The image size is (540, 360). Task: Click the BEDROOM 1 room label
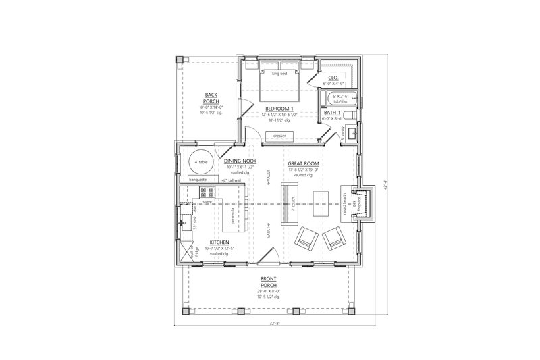click(279, 108)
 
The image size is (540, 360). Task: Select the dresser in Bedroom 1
click(279, 136)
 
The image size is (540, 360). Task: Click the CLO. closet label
click(332, 78)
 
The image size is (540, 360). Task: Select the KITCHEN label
click(219, 242)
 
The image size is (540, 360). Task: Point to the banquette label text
click(197, 180)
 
